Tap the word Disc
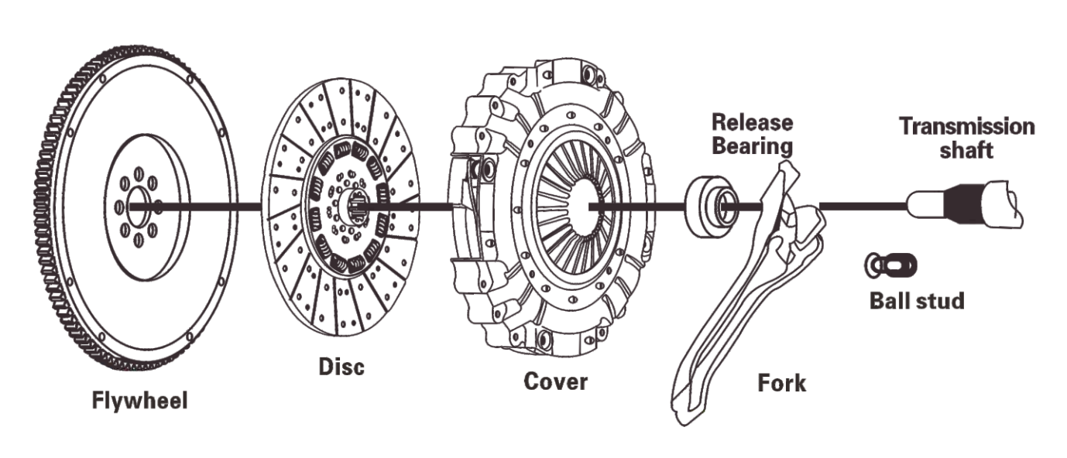pyautogui.click(x=341, y=366)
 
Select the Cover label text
pyautogui.click(x=555, y=381)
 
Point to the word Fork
pyautogui.click(x=781, y=382)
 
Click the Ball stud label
pyautogui.click(x=917, y=300)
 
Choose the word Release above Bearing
pyautogui.click(x=753, y=122)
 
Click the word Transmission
pyautogui.click(x=966, y=127)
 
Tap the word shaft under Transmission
pyautogui.click(x=966, y=150)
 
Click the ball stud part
pyautogui.click(x=890, y=266)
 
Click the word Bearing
pyautogui.click(x=752, y=145)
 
